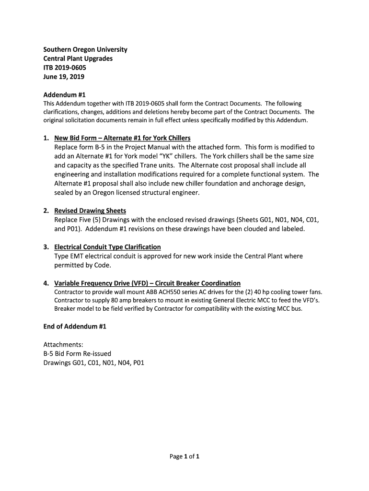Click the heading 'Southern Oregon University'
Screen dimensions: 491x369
tap(85, 50)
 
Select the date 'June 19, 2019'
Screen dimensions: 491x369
tap(64, 77)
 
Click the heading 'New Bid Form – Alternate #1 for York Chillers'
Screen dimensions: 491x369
tap(122, 138)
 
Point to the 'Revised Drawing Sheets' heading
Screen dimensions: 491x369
tap(90, 210)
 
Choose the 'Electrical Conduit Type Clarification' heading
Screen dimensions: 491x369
tap(107, 247)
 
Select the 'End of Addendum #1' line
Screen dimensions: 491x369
tap(74, 327)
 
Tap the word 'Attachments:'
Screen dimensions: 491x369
tap(63, 345)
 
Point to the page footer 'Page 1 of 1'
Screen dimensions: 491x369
tap(184, 456)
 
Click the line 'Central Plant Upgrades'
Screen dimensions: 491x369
tap(78, 58)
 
